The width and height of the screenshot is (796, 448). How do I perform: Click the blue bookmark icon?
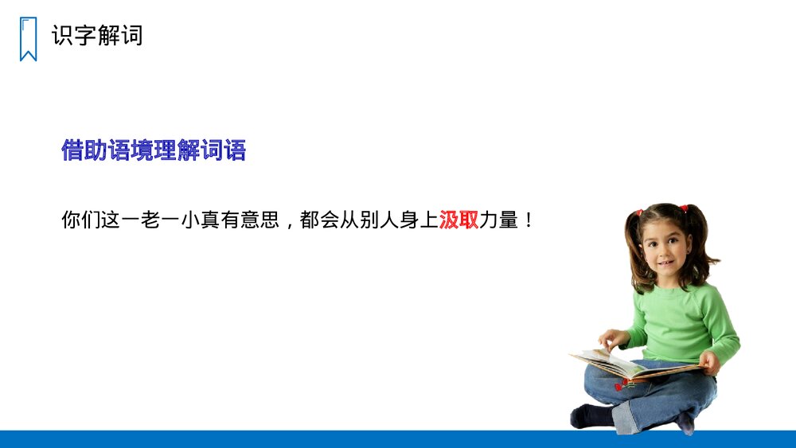[28, 39]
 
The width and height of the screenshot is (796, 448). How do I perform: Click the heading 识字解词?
[97, 36]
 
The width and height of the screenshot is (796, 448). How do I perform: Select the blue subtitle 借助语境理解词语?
[154, 150]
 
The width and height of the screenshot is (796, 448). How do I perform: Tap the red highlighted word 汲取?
[458, 220]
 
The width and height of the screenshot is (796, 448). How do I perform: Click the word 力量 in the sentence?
[498, 220]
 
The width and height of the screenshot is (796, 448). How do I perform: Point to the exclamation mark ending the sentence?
[527, 220]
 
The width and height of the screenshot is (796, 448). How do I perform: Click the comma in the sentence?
[291, 223]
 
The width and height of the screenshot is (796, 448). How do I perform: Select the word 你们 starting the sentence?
[81, 220]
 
